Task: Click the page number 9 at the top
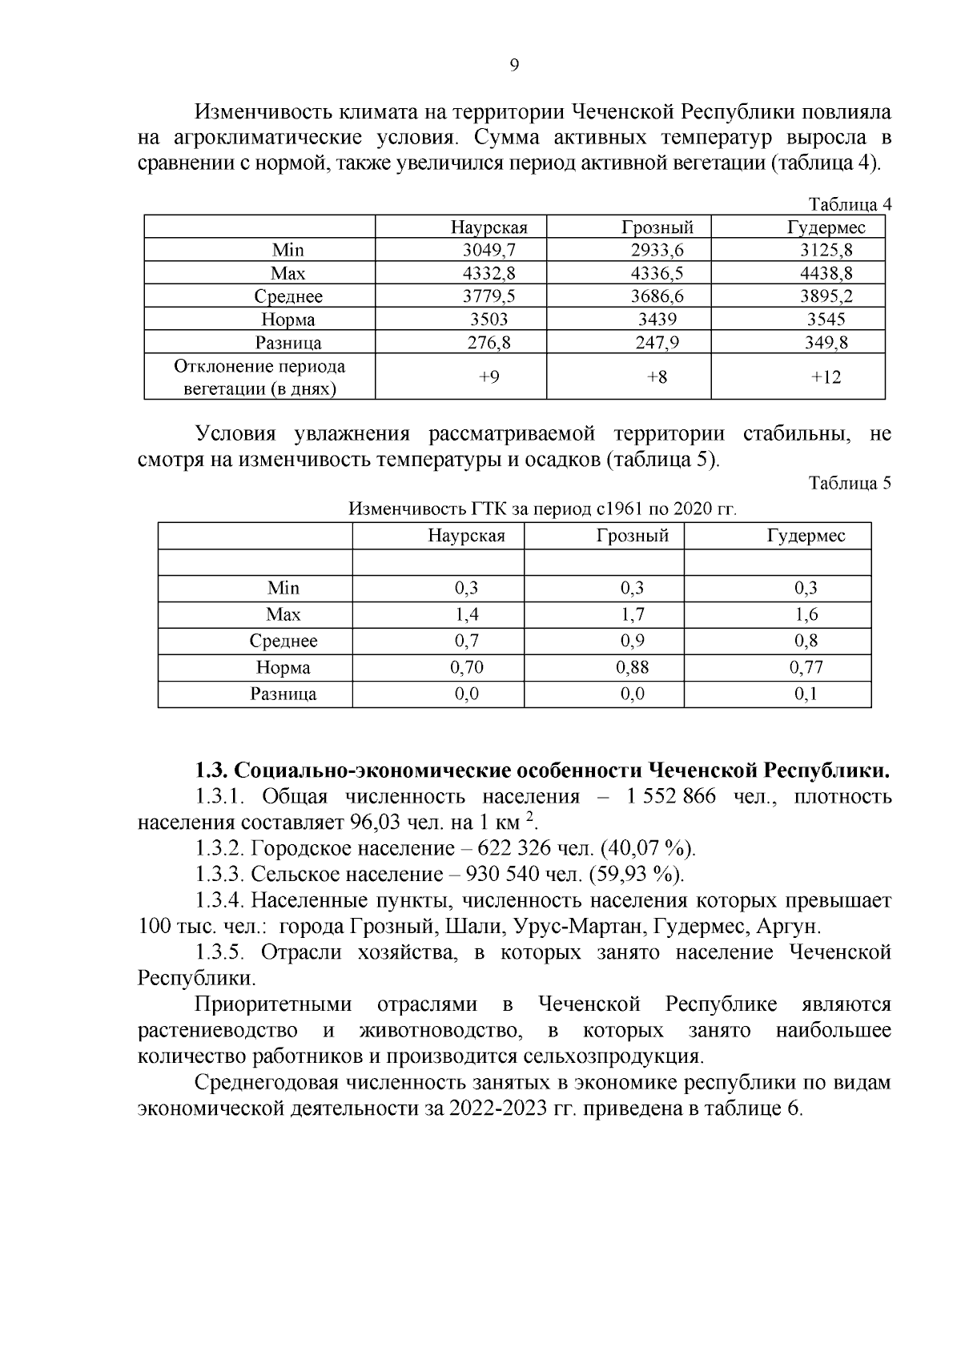pyautogui.click(x=514, y=66)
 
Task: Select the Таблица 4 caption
pyautogui.click(x=850, y=204)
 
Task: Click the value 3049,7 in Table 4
pyautogui.click(x=489, y=251)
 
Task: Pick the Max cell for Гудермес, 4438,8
pyautogui.click(x=826, y=274)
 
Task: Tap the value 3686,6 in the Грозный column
pyautogui.click(x=657, y=296)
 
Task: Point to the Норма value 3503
pyautogui.click(x=489, y=320)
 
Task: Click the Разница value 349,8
pyautogui.click(x=826, y=344)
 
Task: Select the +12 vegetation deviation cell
pyautogui.click(x=826, y=377)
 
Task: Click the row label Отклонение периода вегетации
pyautogui.click(x=259, y=377)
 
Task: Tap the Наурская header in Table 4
pyautogui.click(x=489, y=227)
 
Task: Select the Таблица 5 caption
pyautogui.click(x=850, y=484)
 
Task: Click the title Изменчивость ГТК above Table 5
pyautogui.click(x=541, y=509)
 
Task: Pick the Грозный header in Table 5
pyautogui.click(x=632, y=536)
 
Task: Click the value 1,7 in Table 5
pyautogui.click(x=632, y=614)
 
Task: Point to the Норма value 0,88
pyautogui.click(x=632, y=667)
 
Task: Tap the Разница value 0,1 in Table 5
pyautogui.click(x=806, y=694)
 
